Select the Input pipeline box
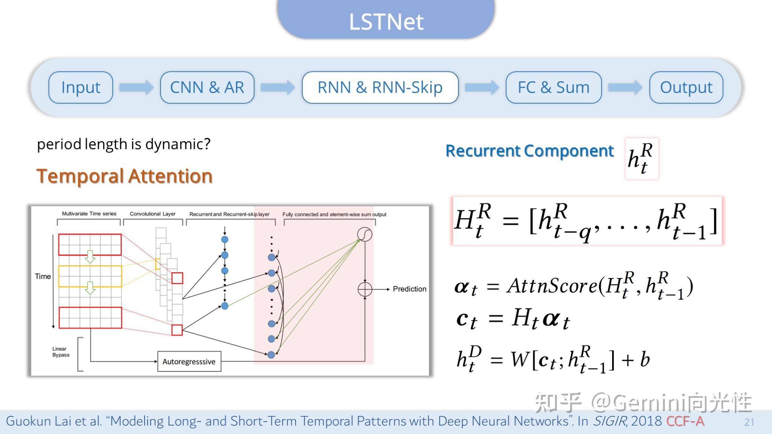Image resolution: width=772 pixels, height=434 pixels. pyautogui.click(x=81, y=87)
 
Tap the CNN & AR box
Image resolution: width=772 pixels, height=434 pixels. pyautogui.click(x=207, y=87)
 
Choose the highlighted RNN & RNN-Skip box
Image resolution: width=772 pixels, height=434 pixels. pyautogui.click(x=380, y=87)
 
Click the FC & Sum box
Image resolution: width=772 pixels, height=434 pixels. pyautogui.click(x=553, y=87)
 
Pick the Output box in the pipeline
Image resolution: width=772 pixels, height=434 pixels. pyautogui.click(x=686, y=87)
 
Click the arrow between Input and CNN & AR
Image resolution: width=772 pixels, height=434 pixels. pyautogui.click(x=136, y=87)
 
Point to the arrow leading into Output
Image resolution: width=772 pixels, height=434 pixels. pyautogui.click(x=625, y=87)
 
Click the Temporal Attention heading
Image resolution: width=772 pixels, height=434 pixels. pyautogui.click(x=124, y=176)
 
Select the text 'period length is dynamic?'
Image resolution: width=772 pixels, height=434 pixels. pyautogui.click(x=124, y=144)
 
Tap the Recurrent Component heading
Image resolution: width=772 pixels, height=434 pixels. pyautogui.click(x=530, y=151)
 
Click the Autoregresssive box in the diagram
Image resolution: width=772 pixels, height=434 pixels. pyautogui.click(x=189, y=362)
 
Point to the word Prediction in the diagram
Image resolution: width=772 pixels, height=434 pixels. pyautogui.click(x=409, y=289)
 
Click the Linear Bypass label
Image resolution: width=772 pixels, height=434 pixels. pyautogui.click(x=61, y=352)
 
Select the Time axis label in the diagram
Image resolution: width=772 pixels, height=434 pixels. pyautogui.click(x=43, y=276)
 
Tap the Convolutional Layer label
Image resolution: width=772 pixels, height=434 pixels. pyautogui.click(x=153, y=214)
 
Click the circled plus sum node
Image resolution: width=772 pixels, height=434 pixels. pyautogui.click(x=365, y=289)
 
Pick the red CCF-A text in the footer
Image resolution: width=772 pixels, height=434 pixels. pyautogui.click(x=685, y=421)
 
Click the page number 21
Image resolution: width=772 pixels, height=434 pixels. pyautogui.click(x=749, y=422)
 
